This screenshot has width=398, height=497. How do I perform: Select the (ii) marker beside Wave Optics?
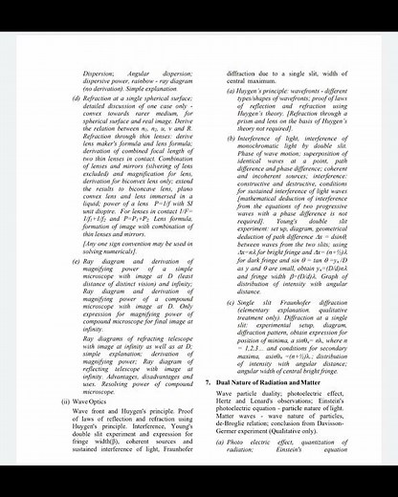click(65, 401)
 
